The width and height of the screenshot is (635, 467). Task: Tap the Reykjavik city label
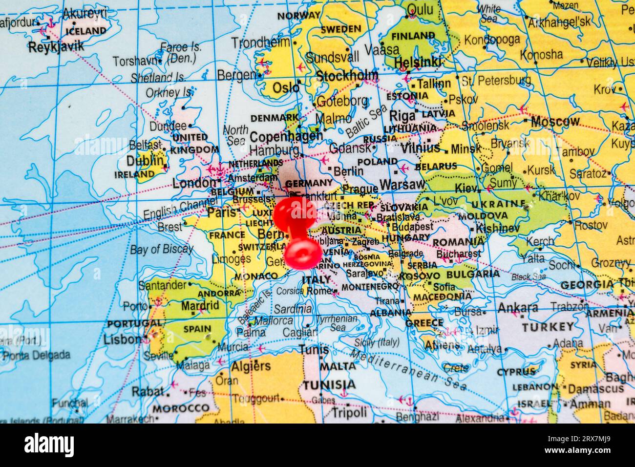point(56,47)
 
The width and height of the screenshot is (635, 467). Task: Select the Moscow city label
point(555,121)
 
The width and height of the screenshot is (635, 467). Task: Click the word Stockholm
point(347,76)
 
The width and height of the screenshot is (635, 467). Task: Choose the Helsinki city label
point(418,62)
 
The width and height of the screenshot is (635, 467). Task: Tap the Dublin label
point(145,161)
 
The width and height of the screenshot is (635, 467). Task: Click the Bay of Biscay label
point(161,249)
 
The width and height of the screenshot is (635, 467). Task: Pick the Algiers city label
point(251,366)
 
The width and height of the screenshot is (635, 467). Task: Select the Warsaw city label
point(402,185)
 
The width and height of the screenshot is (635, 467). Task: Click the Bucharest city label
point(458,254)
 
